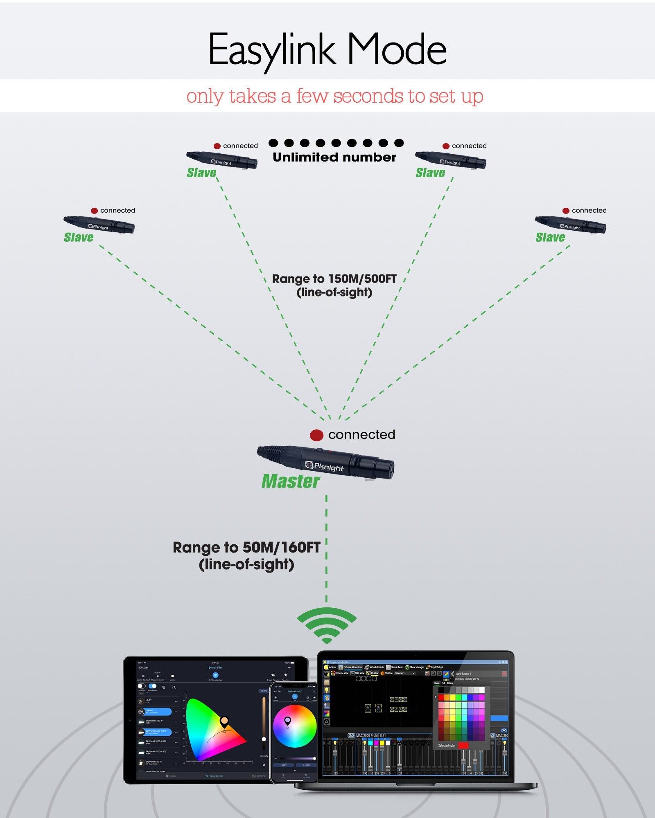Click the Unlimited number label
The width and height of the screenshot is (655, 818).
(334, 157)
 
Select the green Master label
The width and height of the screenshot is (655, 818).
(291, 481)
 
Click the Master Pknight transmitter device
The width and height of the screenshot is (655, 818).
(325, 461)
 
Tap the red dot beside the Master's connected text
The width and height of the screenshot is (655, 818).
(316, 435)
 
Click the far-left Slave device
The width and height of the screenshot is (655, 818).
(99, 224)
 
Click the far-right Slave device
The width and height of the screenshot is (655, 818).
(571, 224)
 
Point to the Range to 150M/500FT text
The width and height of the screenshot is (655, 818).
(334, 279)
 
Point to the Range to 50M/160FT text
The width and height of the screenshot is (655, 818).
(246, 547)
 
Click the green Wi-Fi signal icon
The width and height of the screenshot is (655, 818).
(327, 625)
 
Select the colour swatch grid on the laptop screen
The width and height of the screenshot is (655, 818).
(461, 716)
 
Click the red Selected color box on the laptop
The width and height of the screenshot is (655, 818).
(463, 746)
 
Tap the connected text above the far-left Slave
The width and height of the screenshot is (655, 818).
(117, 210)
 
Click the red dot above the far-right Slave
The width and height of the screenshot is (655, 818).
(566, 211)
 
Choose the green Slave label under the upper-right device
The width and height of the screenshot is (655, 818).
(430, 173)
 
